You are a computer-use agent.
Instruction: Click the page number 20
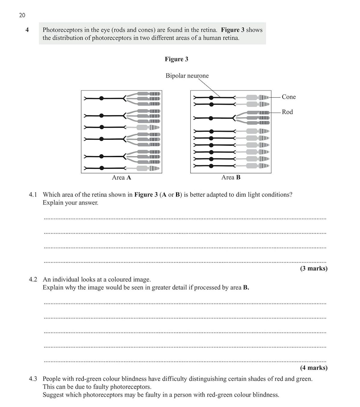tap(22, 15)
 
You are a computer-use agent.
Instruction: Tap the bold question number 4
tap(27, 30)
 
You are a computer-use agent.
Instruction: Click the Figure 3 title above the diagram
tap(176, 59)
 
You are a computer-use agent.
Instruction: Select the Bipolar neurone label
tap(187, 76)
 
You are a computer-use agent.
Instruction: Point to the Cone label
tap(289, 97)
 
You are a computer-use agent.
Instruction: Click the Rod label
tap(287, 112)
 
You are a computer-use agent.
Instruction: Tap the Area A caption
tap(121, 177)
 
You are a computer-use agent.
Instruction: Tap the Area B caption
tap(231, 177)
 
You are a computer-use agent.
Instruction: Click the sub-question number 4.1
tap(33, 195)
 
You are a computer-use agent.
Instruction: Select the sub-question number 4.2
tap(33, 280)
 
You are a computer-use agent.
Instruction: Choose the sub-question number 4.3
tap(33, 379)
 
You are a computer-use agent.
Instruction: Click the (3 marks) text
tap(313, 269)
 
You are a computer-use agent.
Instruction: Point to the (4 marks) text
tap(313, 368)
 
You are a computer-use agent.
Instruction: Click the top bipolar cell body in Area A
tap(101, 98)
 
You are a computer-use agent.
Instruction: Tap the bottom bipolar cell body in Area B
tap(211, 166)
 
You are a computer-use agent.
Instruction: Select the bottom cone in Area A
tap(148, 168)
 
